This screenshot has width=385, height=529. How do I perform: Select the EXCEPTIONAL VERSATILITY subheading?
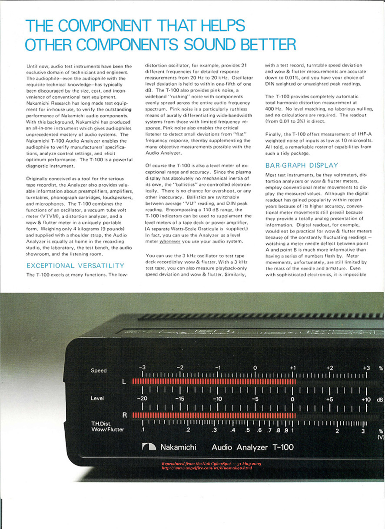click(76, 265)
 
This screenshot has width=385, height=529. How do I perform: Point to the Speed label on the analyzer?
click(99, 370)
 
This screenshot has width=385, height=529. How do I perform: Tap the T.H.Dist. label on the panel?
click(101, 423)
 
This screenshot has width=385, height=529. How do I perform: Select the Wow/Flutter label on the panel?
click(107, 429)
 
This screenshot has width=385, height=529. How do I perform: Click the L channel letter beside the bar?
click(124, 382)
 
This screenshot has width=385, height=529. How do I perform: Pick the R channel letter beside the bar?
click(124, 415)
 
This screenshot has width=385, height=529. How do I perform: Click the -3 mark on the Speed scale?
click(142, 367)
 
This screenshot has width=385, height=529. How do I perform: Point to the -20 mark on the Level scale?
click(142, 399)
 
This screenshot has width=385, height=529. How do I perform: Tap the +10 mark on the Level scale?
click(366, 399)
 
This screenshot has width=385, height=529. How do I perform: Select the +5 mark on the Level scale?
click(329, 399)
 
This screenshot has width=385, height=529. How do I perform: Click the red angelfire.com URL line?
click(207, 468)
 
